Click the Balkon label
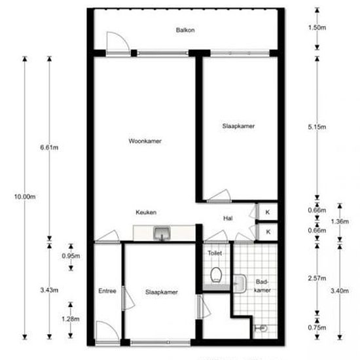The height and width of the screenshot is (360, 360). [185, 30]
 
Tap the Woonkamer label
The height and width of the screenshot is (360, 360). [145, 141]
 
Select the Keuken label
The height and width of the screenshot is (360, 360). [146, 212]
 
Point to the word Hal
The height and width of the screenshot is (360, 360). [228, 218]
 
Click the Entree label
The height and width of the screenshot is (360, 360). [107, 291]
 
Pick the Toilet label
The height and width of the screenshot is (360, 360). [215, 253]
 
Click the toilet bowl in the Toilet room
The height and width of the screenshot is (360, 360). [216, 275]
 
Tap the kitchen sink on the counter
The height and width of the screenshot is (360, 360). [162, 233]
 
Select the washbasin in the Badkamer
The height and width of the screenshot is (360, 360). [240, 284]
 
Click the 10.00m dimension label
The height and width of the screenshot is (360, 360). [25, 197]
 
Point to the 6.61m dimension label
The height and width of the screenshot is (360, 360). [49, 147]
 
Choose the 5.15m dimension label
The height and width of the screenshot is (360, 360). [317, 127]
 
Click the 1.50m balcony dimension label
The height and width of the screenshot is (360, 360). [317, 27]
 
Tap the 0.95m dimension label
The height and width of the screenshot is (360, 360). [71, 256]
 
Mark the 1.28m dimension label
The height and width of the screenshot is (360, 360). [71, 319]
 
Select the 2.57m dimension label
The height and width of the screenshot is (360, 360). [317, 278]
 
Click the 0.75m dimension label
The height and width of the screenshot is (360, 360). [317, 328]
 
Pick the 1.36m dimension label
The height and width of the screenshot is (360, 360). [340, 221]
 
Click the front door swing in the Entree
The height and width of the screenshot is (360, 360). [113, 326]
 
